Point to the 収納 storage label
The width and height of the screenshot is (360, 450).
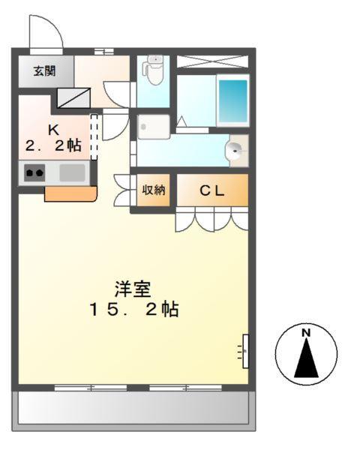[x=153, y=190]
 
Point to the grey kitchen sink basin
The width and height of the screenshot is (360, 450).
[x=72, y=172]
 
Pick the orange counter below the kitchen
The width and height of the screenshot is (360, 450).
[x=70, y=194]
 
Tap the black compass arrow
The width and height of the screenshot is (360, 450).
[x=305, y=358]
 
